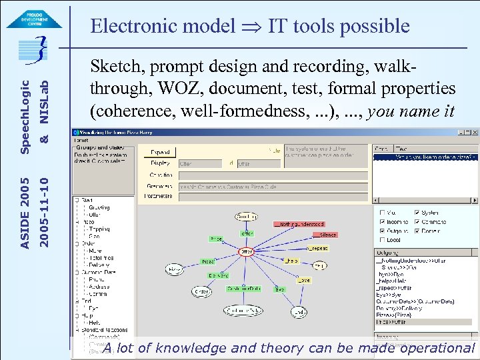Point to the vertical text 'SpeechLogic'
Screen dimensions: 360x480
point(25,116)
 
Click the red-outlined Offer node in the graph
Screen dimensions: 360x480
point(247,251)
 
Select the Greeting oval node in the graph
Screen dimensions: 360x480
point(247,217)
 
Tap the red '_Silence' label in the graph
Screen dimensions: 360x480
point(327,235)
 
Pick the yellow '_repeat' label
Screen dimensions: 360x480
point(317,247)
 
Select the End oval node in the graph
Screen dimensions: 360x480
point(299,311)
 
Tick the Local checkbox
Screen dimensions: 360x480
point(381,239)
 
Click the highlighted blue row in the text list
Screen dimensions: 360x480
point(424,157)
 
